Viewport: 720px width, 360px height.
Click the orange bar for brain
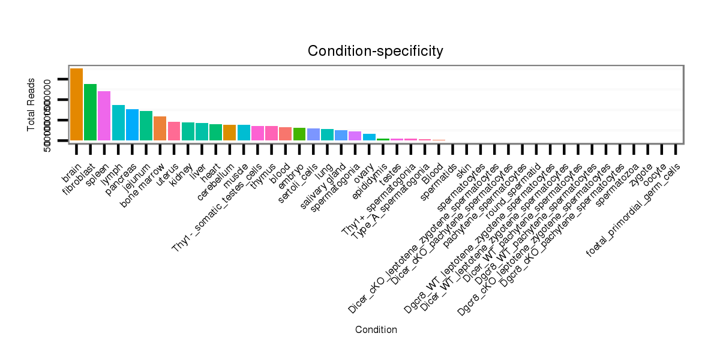coord(76,104)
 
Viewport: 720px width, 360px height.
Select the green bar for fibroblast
coord(90,112)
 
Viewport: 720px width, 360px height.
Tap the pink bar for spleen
coord(104,115)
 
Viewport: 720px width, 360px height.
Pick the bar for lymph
coord(118,122)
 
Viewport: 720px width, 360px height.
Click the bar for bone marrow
coord(160,128)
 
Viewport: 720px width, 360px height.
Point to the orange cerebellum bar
coord(229,132)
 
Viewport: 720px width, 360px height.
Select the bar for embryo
coord(299,134)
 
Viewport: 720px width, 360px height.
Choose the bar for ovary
coord(369,137)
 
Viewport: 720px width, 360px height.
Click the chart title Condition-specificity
coord(376,52)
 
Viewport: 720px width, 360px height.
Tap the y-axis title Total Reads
coord(31,105)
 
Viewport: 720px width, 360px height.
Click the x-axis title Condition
coord(376,330)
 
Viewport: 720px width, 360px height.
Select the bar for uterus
coord(174,131)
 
